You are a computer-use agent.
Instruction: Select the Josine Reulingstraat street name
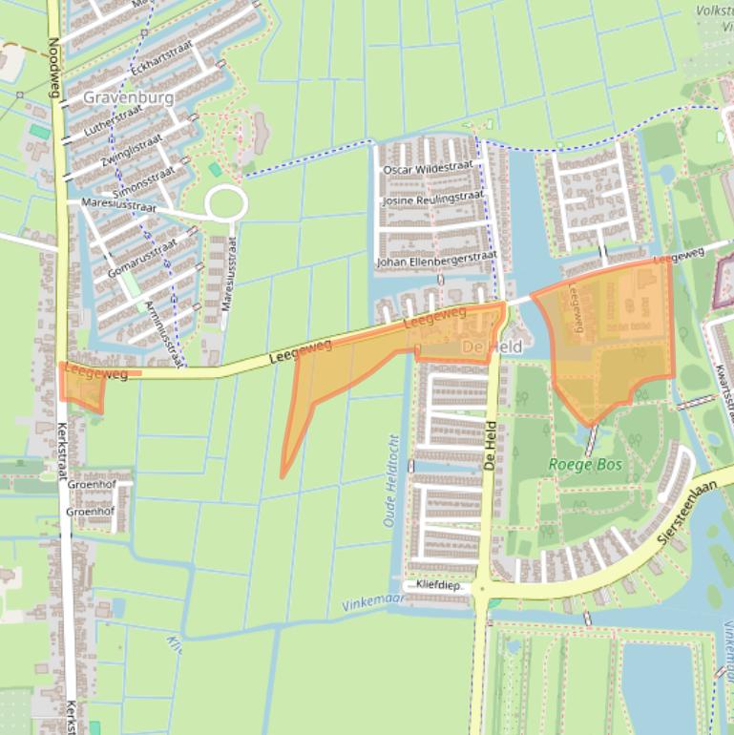[432, 199]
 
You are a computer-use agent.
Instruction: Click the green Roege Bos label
[585, 465]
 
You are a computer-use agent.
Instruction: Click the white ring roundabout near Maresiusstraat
[226, 203]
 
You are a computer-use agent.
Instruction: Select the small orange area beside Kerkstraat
[82, 387]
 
